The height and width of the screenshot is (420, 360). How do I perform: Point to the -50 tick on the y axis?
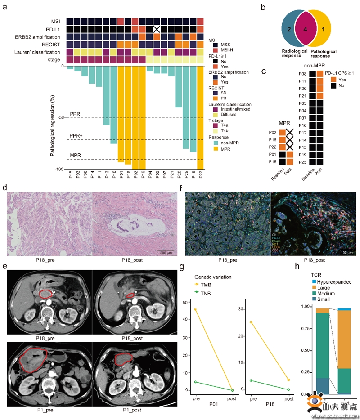61,118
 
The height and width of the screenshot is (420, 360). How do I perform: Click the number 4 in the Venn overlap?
306,29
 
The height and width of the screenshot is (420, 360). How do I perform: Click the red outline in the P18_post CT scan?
129,295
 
